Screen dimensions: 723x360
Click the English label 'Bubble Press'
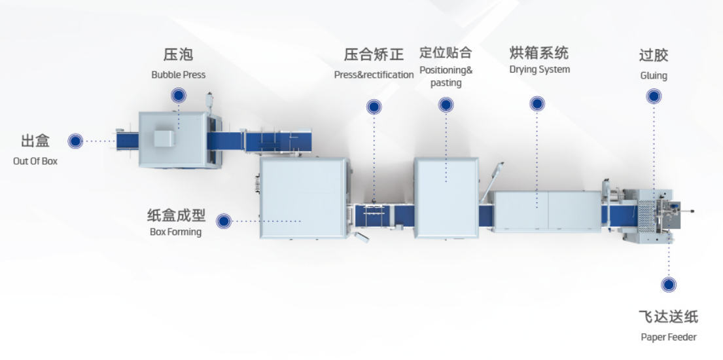pyautogui.click(x=179, y=75)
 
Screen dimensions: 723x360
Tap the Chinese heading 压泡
pyautogui.click(x=178, y=54)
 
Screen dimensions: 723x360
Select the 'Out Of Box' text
pyautogui.click(x=35, y=161)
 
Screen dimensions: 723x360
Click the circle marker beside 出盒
pyautogui.click(x=75, y=141)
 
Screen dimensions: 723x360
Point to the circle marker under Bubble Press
pyautogui.click(x=179, y=96)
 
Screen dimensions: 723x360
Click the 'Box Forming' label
pyautogui.click(x=175, y=232)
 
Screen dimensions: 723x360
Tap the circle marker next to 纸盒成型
pyautogui.click(x=224, y=221)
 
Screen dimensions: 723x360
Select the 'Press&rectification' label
pyautogui.click(x=374, y=75)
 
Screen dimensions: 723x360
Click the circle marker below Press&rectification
pyautogui.click(x=374, y=107)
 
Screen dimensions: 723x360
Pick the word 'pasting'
pyautogui.click(x=446, y=84)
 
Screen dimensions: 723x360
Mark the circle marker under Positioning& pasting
pyautogui.click(x=446, y=105)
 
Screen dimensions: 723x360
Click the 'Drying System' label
pyautogui.click(x=540, y=69)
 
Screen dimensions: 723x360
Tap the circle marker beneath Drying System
pyautogui.click(x=537, y=103)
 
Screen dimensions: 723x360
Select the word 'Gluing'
pyautogui.click(x=654, y=76)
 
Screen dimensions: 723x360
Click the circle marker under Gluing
pyautogui.click(x=654, y=96)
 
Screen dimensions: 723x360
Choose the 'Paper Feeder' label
pyautogui.click(x=669, y=337)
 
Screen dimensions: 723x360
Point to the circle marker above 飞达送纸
pyautogui.click(x=669, y=284)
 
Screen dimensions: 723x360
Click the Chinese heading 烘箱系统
pyautogui.click(x=539, y=52)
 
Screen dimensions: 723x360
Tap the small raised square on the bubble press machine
pyautogui.click(x=164, y=139)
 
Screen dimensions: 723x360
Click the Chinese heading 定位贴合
pyautogui.click(x=446, y=52)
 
